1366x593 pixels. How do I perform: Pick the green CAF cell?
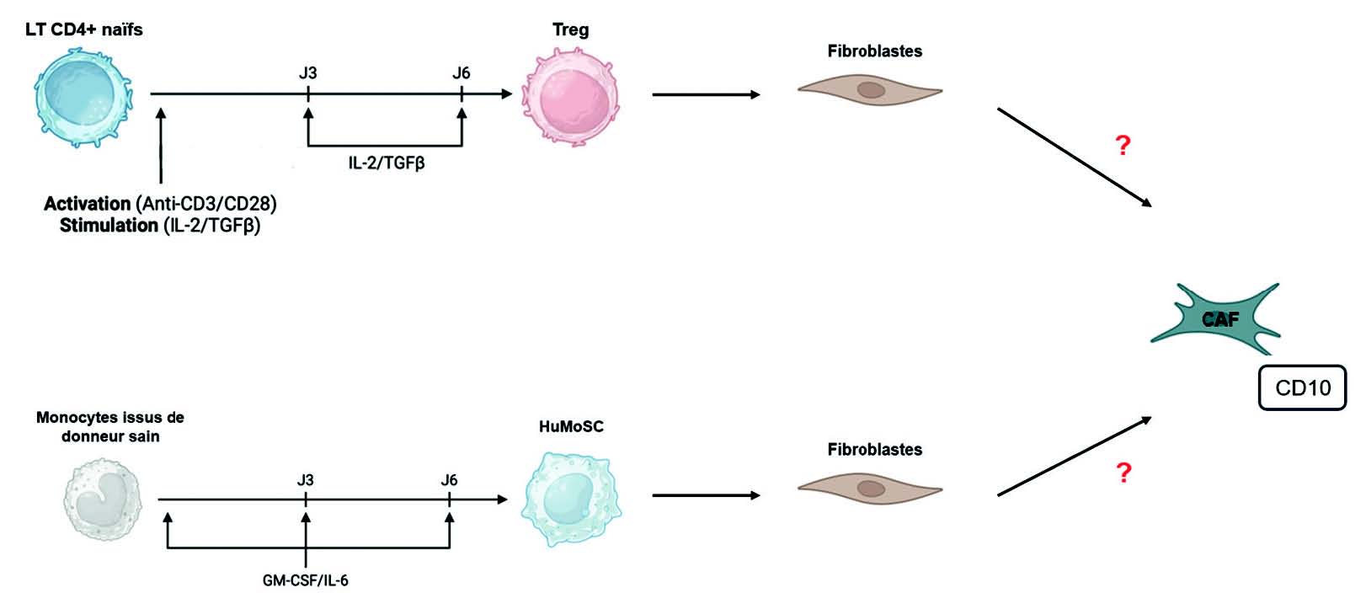point(1216,319)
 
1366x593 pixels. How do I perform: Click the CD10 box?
point(1302,387)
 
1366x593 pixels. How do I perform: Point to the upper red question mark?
point(1122,146)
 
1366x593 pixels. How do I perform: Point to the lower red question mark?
point(1123,473)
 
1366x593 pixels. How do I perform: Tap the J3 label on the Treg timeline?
point(308,73)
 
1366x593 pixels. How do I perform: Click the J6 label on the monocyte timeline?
point(449,480)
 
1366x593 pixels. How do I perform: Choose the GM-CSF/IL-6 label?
point(305,580)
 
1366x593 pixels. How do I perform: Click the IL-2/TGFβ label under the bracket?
point(387,163)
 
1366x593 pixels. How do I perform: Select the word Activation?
point(87,204)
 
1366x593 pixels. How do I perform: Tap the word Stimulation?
point(109,226)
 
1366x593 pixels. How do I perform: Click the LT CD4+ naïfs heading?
point(84,30)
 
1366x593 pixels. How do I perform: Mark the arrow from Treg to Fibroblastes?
point(706,95)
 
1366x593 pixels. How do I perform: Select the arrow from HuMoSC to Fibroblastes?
point(706,495)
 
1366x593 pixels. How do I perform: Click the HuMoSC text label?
point(571,426)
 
